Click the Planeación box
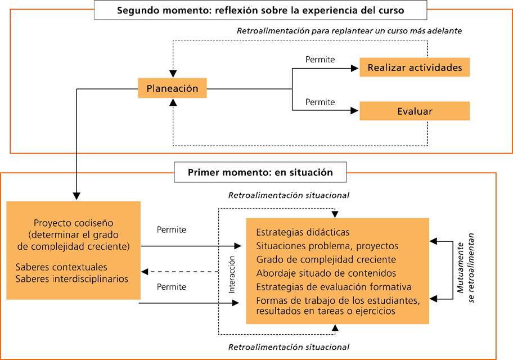pyautogui.click(x=172, y=88)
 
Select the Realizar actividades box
pyautogui.click(x=415, y=67)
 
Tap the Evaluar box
pyautogui.click(x=415, y=111)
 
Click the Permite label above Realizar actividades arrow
pyautogui.click(x=320, y=60)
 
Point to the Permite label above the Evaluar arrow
pyautogui.click(x=320, y=102)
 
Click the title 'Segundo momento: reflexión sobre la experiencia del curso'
pyautogui.click(x=260, y=10)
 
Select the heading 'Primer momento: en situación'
pyautogui.click(x=260, y=172)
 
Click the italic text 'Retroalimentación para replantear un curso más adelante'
pyautogui.click(x=349, y=31)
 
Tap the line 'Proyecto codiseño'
pyautogui.click(x=73, y=223)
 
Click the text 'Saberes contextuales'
pyautogui.click(x=61, y=267)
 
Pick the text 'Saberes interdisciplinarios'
pyautogui.click(x=71, y=279)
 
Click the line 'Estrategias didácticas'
pyautogui.click(x=303, y=232)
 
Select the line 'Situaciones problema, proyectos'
pyautogui.click(x=327, y=246)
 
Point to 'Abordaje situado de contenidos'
pyautogui.click(x=326, y=273)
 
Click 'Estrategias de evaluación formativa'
pyautogui.click(x=334, y=287)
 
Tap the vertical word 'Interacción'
pyautogui.click(x=232, y=274)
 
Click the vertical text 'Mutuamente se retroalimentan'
pyautogui.click(x=465, y=268)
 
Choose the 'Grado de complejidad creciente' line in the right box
pyautogui.click(x=326, y=259)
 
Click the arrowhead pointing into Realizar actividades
pyautogui.click(x=354, y=68)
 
